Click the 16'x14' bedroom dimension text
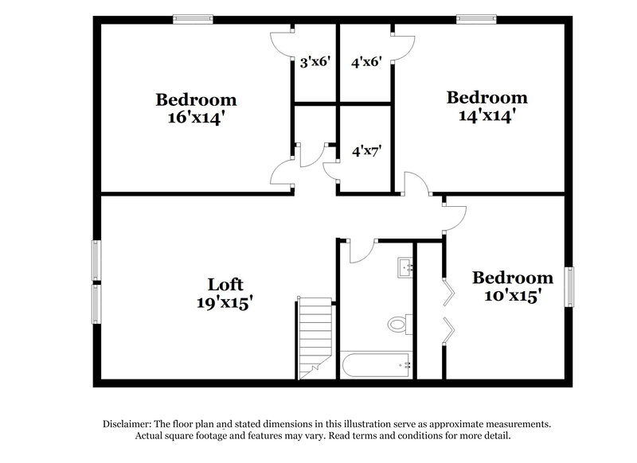(x=196, y=118)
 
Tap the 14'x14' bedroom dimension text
(x=487, y=115)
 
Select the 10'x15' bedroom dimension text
(x=512, y=296)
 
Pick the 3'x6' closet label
(x=315, y=61)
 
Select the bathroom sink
(x=406, y=267)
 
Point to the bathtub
(x=376, y=365)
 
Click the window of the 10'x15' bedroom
(x=570, y=287)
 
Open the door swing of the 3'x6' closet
(x=282, y=43)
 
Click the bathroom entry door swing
(x=360, y=250)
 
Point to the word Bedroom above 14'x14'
(x=487, y=98)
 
